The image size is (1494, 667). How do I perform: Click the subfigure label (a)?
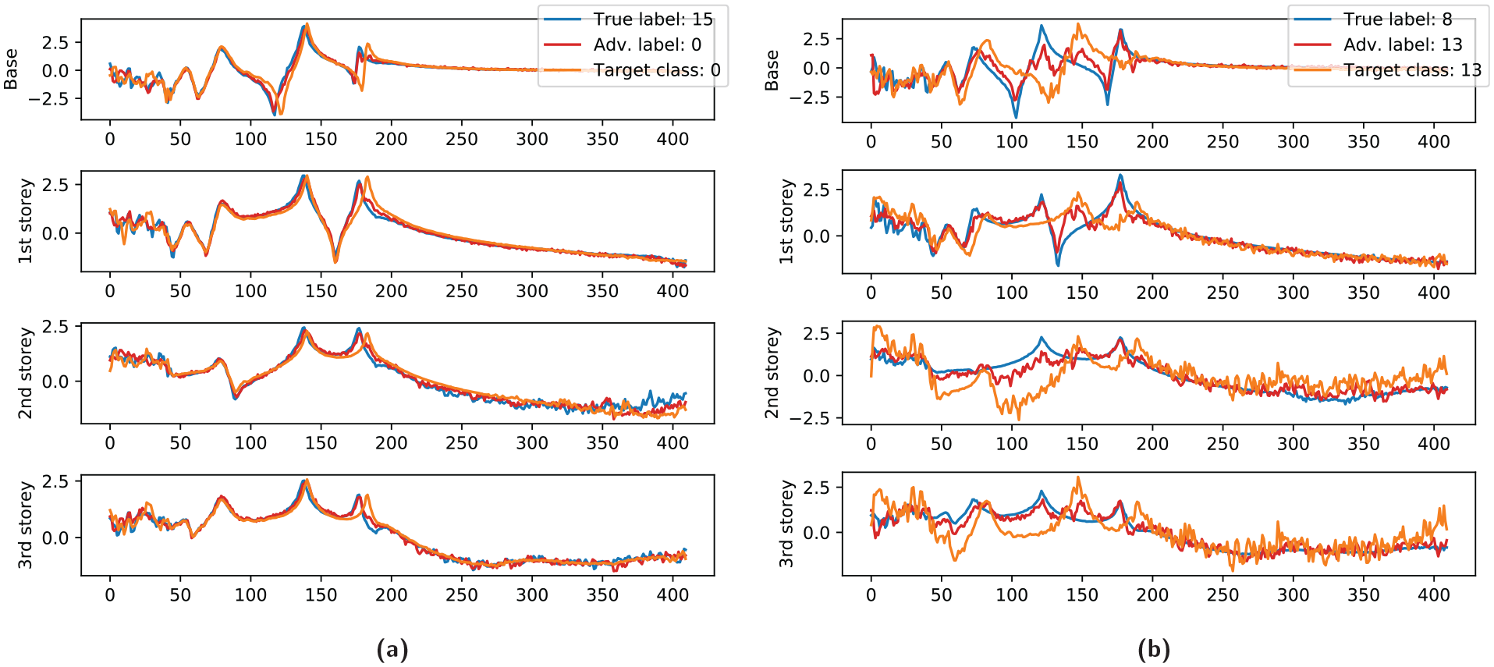[x=392, y=649]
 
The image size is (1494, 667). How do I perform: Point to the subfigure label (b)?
[x=1153, y=649]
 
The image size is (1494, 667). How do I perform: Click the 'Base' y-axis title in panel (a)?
[x=11, y=69]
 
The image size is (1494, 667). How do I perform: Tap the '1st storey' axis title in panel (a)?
[x=26, y=221]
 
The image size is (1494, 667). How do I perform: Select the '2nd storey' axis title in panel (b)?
[x=772, y=373]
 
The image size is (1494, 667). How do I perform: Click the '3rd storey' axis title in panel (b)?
[x=786, y=523]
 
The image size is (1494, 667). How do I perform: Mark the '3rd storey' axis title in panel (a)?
[x=26, y=525]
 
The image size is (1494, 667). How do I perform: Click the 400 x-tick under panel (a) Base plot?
[x=672, y=139]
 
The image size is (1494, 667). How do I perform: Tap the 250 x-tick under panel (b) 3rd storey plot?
[x=1223, y=595]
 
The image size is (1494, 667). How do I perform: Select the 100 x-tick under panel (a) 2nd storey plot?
[x=250, y=443]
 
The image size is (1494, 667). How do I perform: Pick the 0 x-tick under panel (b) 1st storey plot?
[x=871, y=293]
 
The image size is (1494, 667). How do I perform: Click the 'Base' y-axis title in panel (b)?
[x=772, y=70]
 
